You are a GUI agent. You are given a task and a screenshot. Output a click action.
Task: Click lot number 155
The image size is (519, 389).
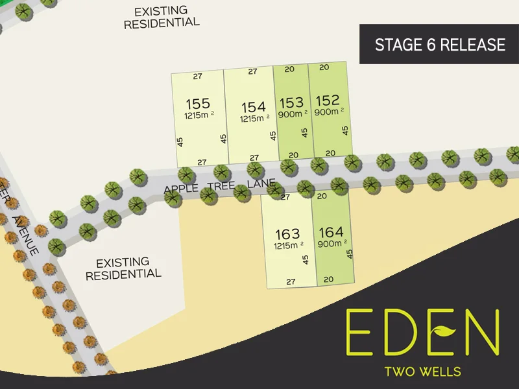[197, 104]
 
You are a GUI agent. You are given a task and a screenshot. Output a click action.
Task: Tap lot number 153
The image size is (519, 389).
[291, 102]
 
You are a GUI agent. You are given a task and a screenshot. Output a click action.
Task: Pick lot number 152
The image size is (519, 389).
[327, 100]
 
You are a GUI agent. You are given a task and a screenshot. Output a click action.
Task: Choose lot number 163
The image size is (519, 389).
[287, 233]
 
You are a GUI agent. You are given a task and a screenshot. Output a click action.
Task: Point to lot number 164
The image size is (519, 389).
[331, 231]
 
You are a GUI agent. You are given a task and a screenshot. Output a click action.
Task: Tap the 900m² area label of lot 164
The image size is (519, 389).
[332, 244]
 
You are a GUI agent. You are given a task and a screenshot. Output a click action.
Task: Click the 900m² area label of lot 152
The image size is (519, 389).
[328, 112]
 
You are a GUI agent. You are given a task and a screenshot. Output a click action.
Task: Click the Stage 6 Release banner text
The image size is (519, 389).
[440, 45]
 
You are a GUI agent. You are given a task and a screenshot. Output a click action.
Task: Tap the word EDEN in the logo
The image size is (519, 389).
[422, 331]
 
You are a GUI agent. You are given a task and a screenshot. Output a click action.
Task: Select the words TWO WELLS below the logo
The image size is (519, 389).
[423, 371]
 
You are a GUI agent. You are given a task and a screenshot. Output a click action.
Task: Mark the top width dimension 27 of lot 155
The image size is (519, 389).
[198, 77]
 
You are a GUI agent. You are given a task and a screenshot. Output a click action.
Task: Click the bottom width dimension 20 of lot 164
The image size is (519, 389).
[328, 279]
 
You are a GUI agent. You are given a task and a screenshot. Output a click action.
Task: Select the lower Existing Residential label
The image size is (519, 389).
[123, 268]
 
